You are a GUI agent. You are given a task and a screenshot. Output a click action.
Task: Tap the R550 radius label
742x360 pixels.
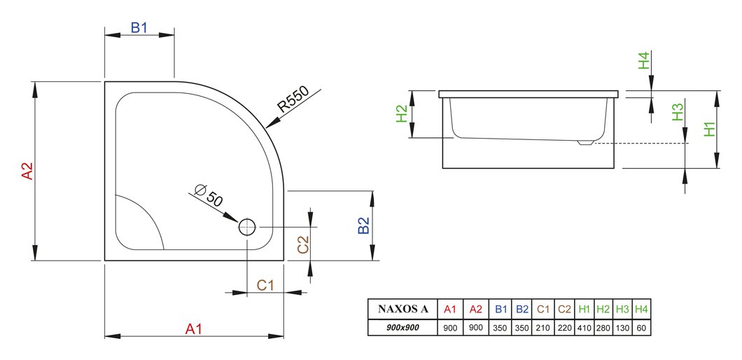(293, 99)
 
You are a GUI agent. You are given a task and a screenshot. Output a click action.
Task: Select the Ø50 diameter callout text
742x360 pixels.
(209, 196)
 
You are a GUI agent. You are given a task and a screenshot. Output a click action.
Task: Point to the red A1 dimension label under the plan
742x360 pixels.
(193, 328)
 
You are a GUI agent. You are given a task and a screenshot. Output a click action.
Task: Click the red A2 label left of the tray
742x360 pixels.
(27, 171)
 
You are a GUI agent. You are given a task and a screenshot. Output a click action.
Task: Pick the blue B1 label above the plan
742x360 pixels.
(139, 28)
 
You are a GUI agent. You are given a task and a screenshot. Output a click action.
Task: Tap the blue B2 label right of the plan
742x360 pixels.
(363, 226)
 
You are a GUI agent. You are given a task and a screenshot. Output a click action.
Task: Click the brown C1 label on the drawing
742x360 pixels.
(265, 285)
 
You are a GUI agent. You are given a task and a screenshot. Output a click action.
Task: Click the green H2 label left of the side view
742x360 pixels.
(402, 113)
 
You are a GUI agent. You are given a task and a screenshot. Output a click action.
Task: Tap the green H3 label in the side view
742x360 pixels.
(678, 112)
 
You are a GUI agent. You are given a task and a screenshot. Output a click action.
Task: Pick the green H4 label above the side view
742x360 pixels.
(644, 61)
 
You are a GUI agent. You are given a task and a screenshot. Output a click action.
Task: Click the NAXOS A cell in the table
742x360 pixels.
(402, 310)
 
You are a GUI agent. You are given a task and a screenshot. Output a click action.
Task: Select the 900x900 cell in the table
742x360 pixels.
(402, 327)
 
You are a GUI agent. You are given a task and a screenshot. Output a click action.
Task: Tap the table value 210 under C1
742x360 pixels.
(543, 327)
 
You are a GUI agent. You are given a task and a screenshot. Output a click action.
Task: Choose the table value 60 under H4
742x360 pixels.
(642, 327)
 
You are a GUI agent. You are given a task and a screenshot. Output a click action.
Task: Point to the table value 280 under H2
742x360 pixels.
(603, 327)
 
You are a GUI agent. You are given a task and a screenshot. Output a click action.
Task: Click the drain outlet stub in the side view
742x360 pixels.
(585, 142)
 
